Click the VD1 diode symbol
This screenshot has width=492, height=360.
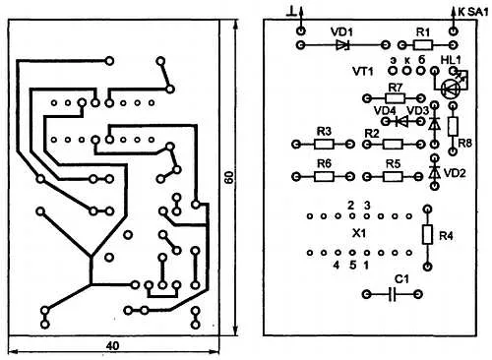coord(342,45)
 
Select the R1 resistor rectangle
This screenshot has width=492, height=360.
coord(423,44)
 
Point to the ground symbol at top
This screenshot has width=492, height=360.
coord(291,13)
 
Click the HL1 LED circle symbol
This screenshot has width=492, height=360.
coord(450,89)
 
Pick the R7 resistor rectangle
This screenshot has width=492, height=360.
coord(395,98)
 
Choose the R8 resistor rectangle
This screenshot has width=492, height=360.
coord(453,127)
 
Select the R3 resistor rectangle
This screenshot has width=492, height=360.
coord(325,144)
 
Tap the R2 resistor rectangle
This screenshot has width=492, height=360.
coord(393,144)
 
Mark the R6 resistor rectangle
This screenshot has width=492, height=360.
coord(325,177)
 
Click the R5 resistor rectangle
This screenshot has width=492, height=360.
coord(393,177)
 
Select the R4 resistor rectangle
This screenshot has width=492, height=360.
coord(427,234)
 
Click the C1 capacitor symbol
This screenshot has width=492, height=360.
coord(393,294)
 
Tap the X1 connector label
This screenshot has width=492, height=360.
coord(359,234)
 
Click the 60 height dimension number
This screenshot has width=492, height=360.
coord(229,177)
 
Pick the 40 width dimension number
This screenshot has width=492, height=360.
coord(112,346)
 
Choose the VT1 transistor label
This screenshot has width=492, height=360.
coord(363,71)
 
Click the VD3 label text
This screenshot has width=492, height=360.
coord(417,111)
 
